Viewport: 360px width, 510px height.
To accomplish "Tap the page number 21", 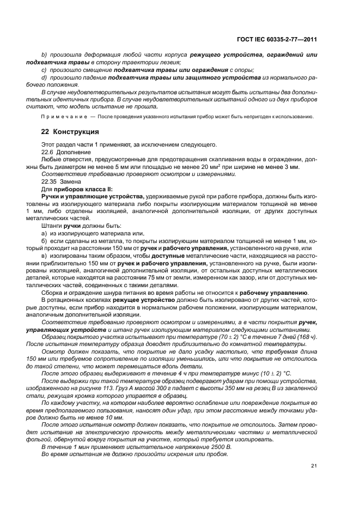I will point(314,465).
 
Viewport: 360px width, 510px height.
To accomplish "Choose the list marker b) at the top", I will point(44,56).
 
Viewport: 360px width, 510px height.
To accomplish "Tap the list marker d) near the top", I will point(44,78).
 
